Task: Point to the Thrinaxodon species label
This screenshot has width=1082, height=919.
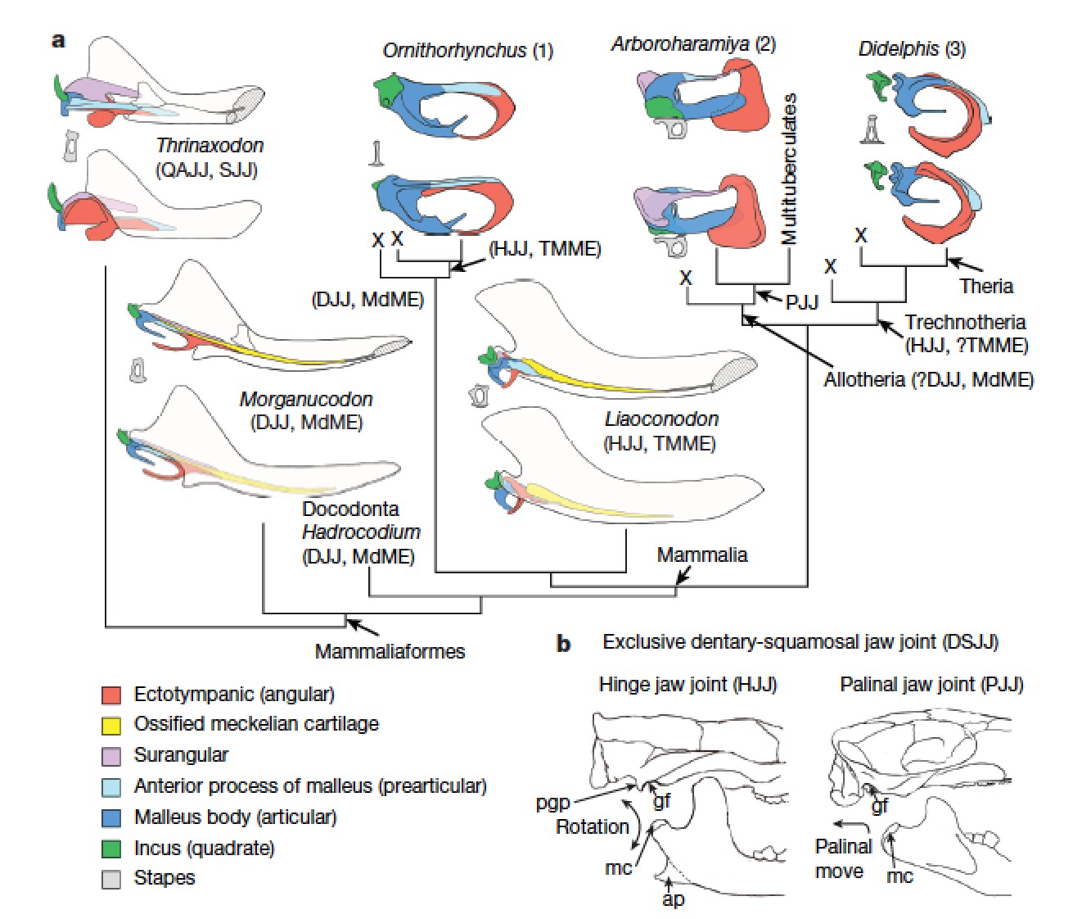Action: [x=210, y=146]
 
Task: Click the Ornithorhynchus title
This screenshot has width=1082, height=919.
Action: [x=454, y=51]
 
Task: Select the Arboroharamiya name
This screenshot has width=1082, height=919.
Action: [x=680, y=43]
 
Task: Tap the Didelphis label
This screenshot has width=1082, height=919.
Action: [x=898, y=49]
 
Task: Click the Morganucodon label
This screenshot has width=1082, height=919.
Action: [x=305, y=400]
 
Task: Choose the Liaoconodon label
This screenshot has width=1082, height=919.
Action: [x=661, y=419]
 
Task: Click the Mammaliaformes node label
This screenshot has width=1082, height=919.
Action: [x=390, y=652]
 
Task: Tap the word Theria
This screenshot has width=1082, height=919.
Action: [x=986, y=286]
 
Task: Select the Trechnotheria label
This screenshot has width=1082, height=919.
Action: [x=965, y=323]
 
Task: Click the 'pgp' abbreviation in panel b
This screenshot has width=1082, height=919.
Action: [x=552, y=803]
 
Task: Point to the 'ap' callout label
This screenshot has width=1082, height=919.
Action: [x=674, y=899]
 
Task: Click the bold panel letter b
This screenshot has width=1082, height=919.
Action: [x=563, y=644]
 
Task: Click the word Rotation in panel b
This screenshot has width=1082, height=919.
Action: [x=592, y=826]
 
